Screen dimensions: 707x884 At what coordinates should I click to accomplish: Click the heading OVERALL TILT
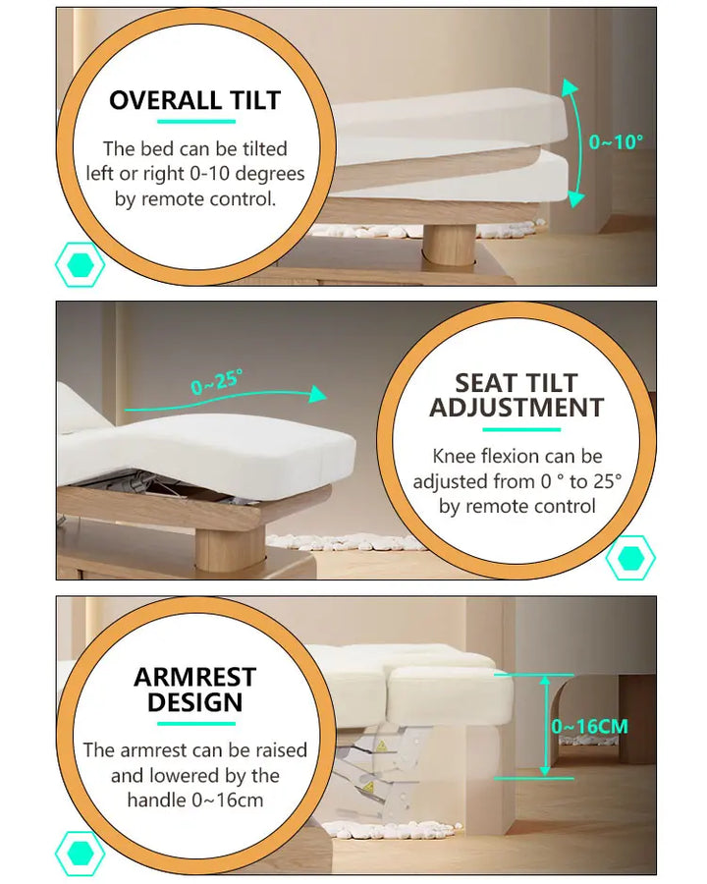[194, 100]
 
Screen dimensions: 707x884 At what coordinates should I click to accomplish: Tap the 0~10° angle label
[616, 141]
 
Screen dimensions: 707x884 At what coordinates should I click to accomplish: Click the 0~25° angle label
[217, 382]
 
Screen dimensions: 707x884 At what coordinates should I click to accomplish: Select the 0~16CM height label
[590, 726]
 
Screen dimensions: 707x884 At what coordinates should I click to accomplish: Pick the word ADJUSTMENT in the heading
[517, 408]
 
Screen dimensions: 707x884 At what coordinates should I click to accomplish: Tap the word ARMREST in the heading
[195, 677]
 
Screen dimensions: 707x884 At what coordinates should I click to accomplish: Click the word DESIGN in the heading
[195, 702]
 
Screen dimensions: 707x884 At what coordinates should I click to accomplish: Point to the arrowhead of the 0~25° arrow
[318, 394]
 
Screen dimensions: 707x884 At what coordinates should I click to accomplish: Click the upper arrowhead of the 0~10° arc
[570, 87]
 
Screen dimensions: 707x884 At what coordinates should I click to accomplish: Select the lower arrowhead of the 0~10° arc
[575, 198]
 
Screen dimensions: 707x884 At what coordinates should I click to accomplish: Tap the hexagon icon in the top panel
[81, 264]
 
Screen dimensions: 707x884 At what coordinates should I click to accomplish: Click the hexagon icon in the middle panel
[630, 558]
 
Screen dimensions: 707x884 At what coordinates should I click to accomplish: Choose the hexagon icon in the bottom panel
[81, 854]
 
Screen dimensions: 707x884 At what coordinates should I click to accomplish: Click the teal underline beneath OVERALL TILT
[196, 121]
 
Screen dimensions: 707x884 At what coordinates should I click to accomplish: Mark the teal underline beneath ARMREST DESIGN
[196, 723]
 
